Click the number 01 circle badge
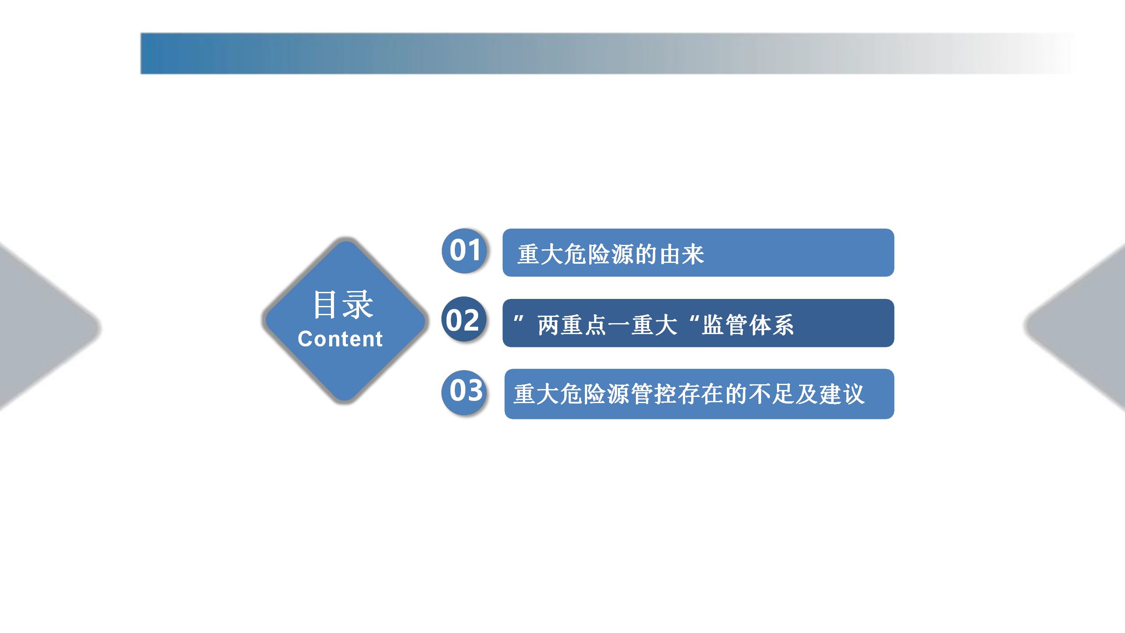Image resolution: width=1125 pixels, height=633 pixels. (x=465, y=251)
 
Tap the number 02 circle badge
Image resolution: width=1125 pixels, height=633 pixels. (x=464, y=320)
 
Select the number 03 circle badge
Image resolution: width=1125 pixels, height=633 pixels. (x=464, y=392)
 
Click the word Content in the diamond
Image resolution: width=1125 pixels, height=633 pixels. (x=340, y=339)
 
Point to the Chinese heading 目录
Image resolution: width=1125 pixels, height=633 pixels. (x=343, y=304)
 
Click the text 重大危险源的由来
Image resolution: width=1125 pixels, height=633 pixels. (x=611, y=255)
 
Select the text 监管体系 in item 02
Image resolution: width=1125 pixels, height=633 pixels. (x=748, y=325)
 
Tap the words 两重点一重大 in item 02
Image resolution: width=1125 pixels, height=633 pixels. (x=608, y=325)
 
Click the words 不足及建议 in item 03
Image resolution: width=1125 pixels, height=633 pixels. (x=807, y=394)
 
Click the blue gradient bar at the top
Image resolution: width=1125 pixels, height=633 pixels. (x=606, y=53)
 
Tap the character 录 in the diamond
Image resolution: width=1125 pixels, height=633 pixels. (x=359, y=304)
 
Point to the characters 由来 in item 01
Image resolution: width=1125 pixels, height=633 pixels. (x=682, y=255)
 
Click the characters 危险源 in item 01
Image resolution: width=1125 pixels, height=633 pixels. (x=599, y=255)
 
